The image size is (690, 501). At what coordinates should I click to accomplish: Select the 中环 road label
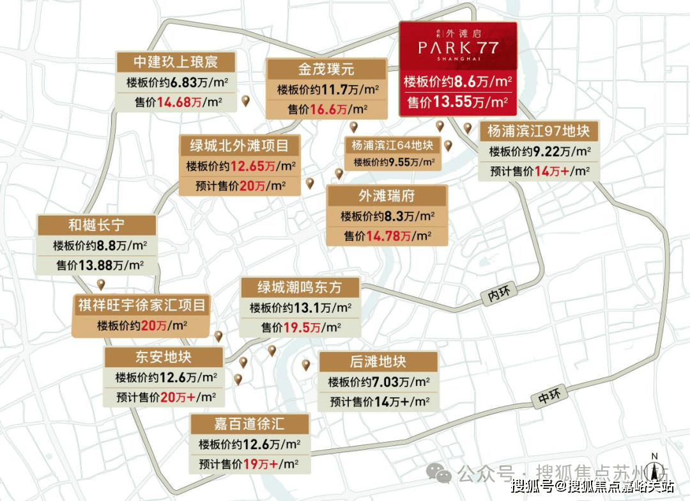pyautogui.click(x=548, y=397)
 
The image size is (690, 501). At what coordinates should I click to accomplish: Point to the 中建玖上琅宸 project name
pyautogui.click(x=176, y=62)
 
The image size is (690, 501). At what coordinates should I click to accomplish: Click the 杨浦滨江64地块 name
pyautogui.click(x=392, y=145)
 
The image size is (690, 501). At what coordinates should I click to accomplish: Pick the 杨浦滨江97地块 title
pyautogui.click(x=538, y=132)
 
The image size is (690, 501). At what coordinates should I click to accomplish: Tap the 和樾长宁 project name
pyautogui.click(x=96, y=225)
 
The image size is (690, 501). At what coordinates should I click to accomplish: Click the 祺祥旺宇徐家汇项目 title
pyautogui.click(x=141, y=305)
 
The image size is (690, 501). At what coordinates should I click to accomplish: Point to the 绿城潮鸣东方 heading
pyautogui.click(x=299, y=287)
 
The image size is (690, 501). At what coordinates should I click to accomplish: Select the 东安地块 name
pyautogui.click(x=164, y=356)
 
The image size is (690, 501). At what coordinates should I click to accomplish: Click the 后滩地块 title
pyautogui.click(x=378, y=362)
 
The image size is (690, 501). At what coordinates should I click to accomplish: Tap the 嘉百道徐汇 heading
pyautogui.click(x=249, y=424)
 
